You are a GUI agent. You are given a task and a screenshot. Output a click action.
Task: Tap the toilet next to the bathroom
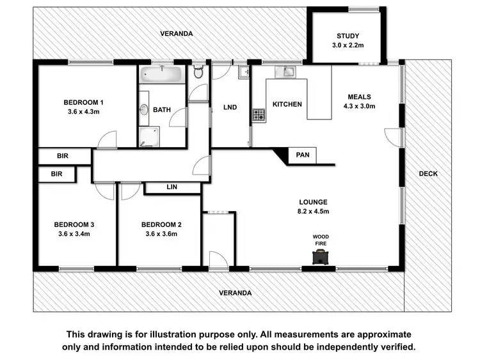tap(198, 73)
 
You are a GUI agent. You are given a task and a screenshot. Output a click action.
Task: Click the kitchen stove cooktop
tap(259, 115)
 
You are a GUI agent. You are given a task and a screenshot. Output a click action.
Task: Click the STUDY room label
tap(348, 36)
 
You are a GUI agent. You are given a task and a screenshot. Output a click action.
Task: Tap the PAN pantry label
tap(303, 155)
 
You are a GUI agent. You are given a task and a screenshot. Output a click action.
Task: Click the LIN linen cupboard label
tap(172, 187)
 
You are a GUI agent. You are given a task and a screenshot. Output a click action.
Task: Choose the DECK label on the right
tap(428, 173)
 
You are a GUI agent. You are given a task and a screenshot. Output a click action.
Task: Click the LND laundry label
tap(230, 107)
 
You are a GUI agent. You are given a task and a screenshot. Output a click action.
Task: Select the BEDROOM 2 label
tap(161, 224)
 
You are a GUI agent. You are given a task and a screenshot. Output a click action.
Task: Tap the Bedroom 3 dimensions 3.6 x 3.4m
tap(74, 234)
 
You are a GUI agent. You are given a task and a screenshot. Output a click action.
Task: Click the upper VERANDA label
tap(176, 33)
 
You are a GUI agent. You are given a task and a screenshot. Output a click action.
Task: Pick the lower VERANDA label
tap(235, 292)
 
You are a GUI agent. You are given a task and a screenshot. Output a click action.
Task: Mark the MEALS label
tap(359, 97)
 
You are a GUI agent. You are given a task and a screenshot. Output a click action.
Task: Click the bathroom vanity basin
tap(144, 110)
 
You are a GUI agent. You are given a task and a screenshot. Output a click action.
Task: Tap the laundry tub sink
tap(243, 72)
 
